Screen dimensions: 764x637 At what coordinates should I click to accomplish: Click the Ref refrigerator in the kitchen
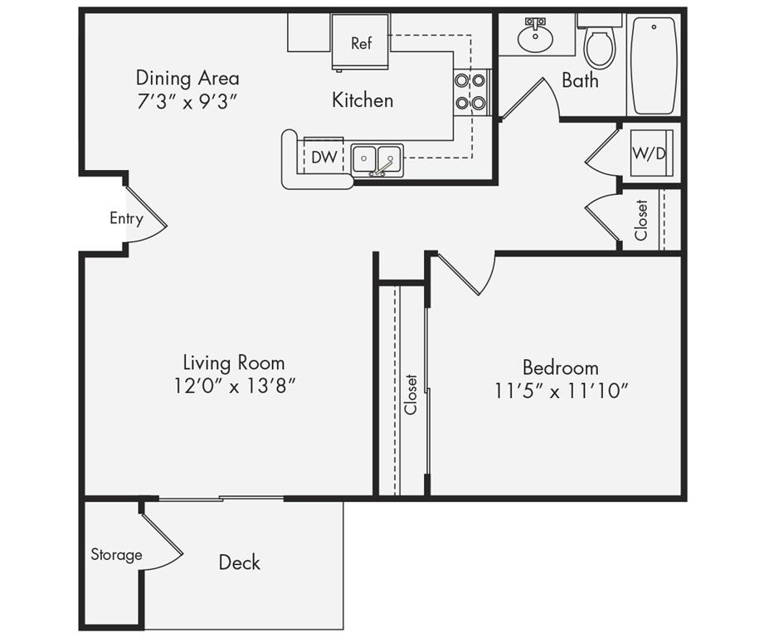click(361, 43)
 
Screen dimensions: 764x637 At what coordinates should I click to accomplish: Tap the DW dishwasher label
click(324, 157)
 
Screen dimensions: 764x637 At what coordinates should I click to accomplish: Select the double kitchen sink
click(377, 160)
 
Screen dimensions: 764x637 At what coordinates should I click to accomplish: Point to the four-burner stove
click(470, 91)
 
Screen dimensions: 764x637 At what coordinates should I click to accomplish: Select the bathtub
click(654, 65)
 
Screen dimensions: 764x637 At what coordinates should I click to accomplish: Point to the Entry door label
click(126, 219)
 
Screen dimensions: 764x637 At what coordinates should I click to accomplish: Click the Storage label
click(116, 555)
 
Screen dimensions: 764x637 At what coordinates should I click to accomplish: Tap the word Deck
click(239, 562)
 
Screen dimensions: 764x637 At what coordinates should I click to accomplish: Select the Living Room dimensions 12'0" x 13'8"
click(236, 387)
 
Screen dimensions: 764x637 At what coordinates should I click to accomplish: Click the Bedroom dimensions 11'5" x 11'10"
click(562, 391)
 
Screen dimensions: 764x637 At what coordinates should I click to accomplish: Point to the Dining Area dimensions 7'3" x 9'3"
click(187, 102)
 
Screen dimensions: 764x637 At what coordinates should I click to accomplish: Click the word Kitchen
click(363, 100)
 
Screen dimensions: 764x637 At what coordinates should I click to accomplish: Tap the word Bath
click(580, 80)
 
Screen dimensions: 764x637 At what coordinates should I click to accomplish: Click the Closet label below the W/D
click(641, 220)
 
